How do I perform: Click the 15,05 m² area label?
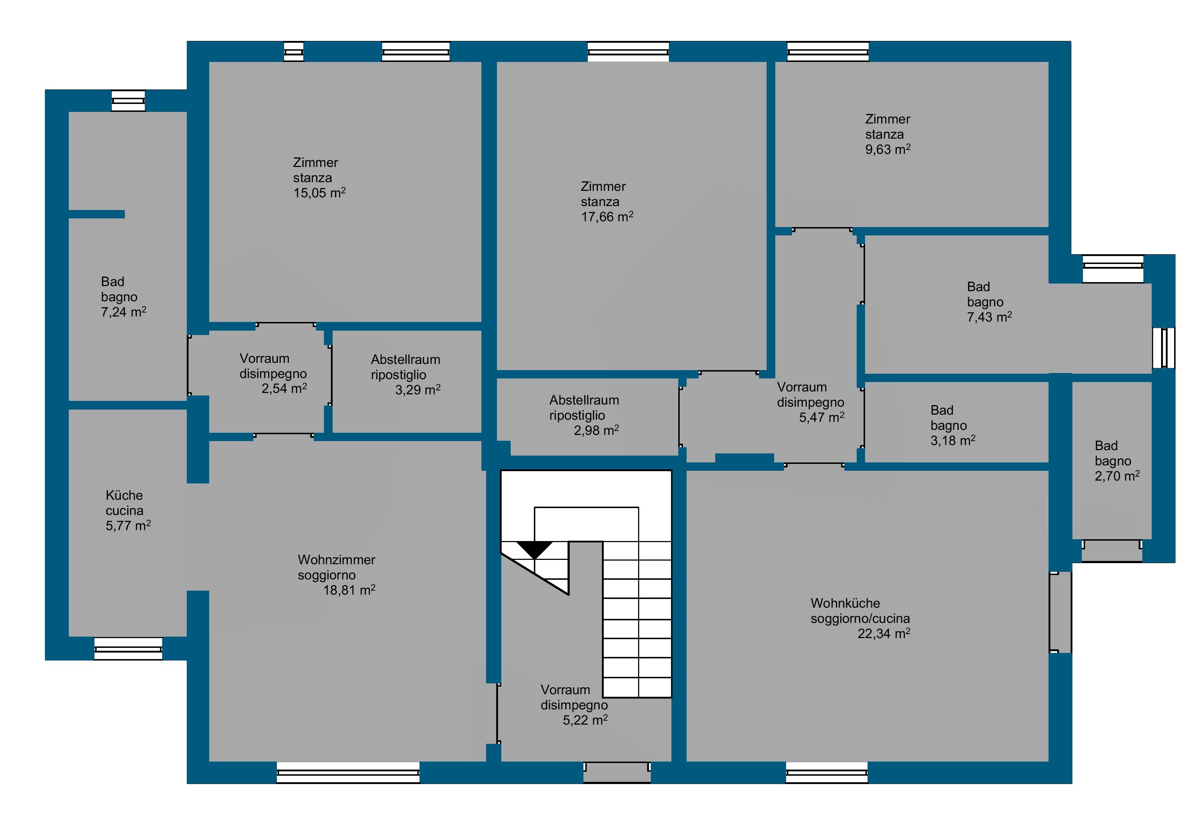pos(320,193)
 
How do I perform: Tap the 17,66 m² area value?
pos(607,217)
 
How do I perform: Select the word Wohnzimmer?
pos(336,560)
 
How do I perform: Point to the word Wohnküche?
pos(845,603)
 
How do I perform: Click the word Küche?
pos(124,495)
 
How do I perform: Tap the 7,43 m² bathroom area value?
pos(990,317)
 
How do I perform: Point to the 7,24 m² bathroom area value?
pos(124,312)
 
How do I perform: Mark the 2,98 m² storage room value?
pos(596,431)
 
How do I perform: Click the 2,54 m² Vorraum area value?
pos(284,389)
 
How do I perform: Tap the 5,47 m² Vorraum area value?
pos(822,417)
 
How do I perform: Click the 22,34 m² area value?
pos(884,633)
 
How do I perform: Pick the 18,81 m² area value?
pos(349,590)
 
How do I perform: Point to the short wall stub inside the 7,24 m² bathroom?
pos(97,214)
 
